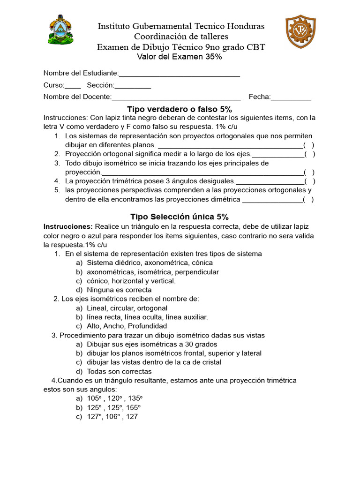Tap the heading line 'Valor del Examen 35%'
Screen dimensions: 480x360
pos(180,57)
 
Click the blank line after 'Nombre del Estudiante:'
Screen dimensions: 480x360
pos(180,74)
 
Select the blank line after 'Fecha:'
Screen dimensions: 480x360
pos(291,97)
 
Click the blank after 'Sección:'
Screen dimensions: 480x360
pos(133,85)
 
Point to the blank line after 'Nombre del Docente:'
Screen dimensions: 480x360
pos(176,97)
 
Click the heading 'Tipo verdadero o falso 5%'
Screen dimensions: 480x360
pos(180,109)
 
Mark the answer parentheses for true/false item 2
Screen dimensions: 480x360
pos(309,154)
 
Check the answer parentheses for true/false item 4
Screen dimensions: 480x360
pos(309,181)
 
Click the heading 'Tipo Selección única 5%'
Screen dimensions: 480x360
pos(180,217)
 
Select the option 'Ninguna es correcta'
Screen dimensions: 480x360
pos(119,290)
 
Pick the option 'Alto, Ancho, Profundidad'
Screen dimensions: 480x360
pos(127,326)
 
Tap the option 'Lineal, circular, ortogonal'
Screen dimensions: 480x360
pos(127,308)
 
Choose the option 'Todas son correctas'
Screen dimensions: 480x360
pos(119,371)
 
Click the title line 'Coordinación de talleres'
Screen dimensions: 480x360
pos(181,37)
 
